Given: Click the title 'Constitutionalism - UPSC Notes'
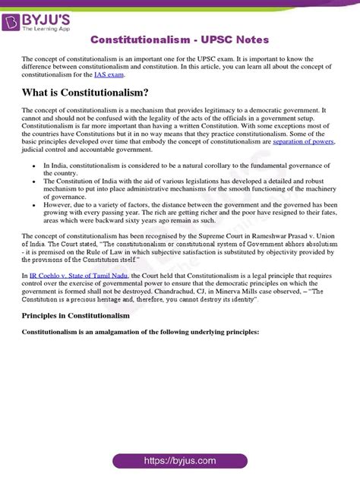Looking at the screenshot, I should click(179, 39).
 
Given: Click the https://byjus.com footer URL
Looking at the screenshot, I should click(179, 461).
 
